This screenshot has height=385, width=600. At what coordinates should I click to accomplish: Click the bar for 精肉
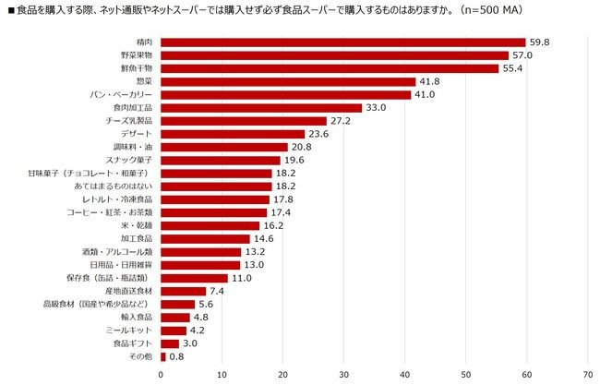point(342,42)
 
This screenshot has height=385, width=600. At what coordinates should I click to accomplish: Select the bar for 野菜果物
point(334,55)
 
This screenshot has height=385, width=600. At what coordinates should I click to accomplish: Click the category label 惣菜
point(146,81)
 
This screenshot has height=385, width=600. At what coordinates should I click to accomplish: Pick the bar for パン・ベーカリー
point(285,94)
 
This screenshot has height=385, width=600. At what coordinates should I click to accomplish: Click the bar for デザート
point(233,134)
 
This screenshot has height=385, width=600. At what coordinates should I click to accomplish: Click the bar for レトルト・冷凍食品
point(215,199)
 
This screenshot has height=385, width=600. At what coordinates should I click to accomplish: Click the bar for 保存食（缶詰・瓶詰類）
point(194,278)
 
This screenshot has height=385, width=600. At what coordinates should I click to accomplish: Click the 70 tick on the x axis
point(588,374)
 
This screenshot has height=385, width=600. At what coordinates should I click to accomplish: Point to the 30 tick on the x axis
point(343,374)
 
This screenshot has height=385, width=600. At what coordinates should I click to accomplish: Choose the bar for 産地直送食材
point(183,291)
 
